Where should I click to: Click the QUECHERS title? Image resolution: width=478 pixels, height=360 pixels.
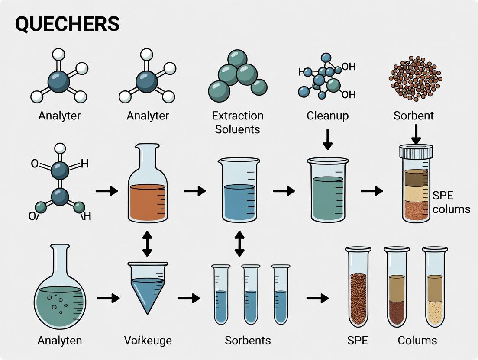[x=67, y=24]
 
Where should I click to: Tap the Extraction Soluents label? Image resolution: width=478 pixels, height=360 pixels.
[x=237, y=122]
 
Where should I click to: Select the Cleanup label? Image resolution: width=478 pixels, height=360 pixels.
[x=327, y=116]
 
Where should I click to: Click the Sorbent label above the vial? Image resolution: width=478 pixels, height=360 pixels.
[x=413, y=116]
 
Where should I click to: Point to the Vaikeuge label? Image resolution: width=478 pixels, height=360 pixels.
[x=148, y=341]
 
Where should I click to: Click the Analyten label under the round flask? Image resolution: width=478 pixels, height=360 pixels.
[x=59, y=341]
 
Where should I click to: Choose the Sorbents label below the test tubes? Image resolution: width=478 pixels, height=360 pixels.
[x=248, y=341]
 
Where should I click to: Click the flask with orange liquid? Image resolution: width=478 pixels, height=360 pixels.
[x=147, y=190]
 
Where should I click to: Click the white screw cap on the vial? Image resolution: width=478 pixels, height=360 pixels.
[x=416, y=152]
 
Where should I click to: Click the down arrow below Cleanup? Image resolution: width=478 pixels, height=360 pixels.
[x=328, y=139]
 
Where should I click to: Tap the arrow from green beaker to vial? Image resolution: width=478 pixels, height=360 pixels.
[x=371, y=190]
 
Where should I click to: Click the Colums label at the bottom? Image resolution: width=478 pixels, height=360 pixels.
[x=417, y=341]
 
